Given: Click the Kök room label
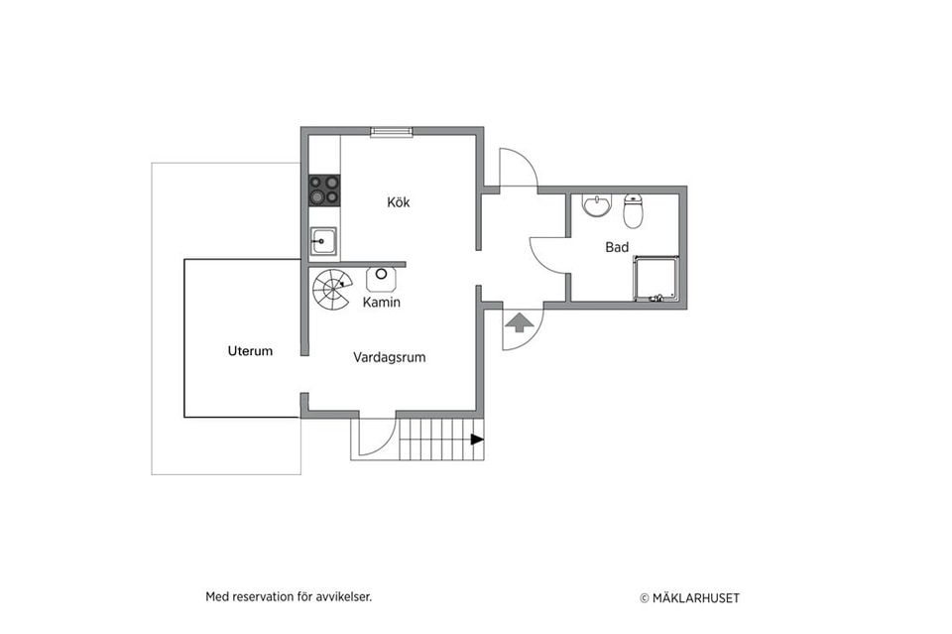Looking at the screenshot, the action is [x=399, y=202].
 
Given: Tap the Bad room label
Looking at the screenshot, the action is [x=617, y=247].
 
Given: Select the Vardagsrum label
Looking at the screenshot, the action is [x=389, y=357].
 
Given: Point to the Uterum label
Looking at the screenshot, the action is [x=250, y=351].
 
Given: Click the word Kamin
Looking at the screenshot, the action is [x=381, y=302].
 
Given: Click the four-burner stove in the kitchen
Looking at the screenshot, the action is [x=324, y=190].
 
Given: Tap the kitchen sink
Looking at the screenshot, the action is [x=323, y=242].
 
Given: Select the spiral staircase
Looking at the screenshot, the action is [x=331, y=290].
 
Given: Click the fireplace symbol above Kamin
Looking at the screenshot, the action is [x=381, y=280].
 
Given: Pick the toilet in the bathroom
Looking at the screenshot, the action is [x=633, y=211].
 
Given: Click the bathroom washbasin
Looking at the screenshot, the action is [x=597, y=205].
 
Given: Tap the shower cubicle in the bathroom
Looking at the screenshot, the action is [x=655, y=279].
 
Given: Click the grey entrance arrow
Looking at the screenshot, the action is [x=517, y=323].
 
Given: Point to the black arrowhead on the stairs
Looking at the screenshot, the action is [x=478, y=440].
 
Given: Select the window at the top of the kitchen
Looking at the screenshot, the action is [x=392, y=132].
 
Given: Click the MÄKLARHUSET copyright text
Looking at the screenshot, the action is [x=690, y=598].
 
